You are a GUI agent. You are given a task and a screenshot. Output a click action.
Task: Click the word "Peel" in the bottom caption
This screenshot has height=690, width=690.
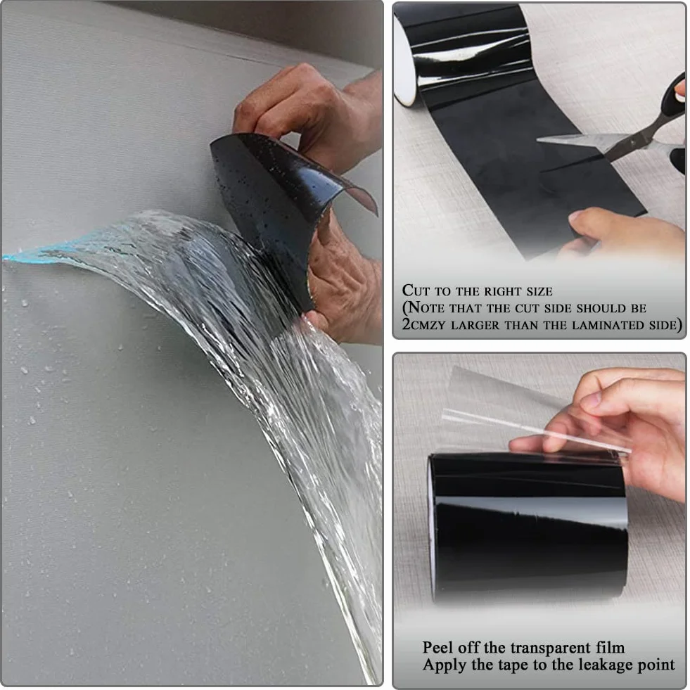coord(438,648)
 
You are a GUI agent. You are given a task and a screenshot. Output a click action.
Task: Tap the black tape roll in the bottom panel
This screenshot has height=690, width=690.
coord(528,527)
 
